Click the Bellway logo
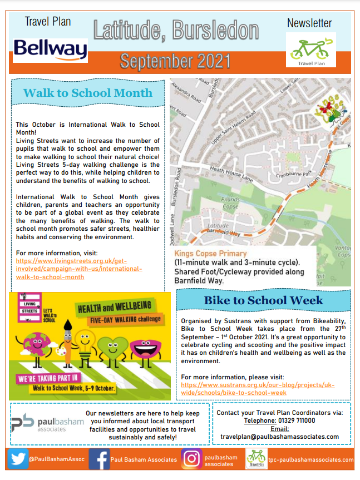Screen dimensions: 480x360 (x=50, y=50)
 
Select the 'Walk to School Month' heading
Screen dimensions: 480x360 (x=88, y=93)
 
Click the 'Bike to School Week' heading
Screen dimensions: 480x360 (x=263, y=300)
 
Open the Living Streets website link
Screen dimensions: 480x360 (x=80, y=269)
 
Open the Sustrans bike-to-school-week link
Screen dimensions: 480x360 (x=258, y=389)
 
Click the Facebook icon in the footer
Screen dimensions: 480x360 (x=99, y=459)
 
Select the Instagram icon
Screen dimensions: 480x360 (x=191, y=459)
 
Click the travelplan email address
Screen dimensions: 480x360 (x=280, y=437)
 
